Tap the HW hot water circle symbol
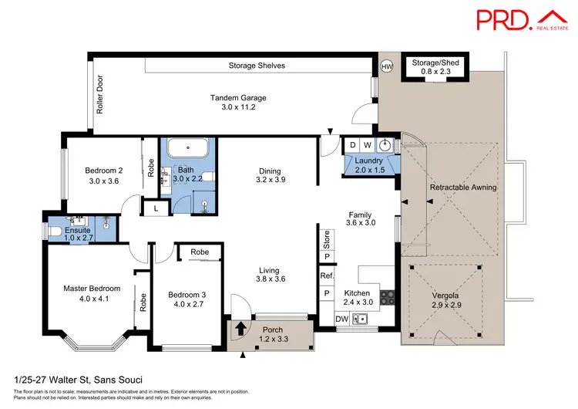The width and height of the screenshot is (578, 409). (x=387, y=66)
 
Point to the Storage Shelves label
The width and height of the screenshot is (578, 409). (x=257, y=66)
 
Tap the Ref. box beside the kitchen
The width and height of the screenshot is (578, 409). (x=326, y=275)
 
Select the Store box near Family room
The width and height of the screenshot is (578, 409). (x=327, y=238)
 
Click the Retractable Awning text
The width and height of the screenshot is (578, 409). (x=462, y=187)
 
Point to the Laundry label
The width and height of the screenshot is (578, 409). (x=368, y=160)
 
